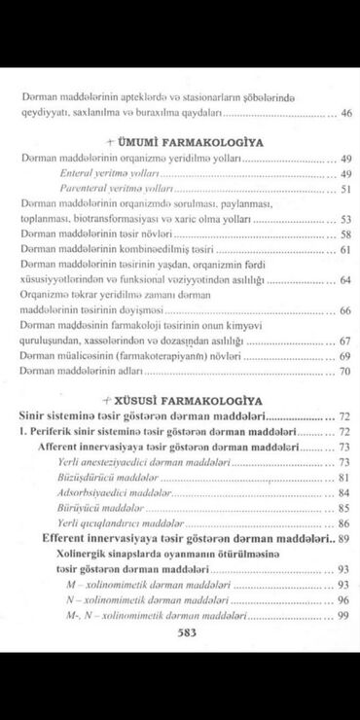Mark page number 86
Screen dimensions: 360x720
(x=342, y=523)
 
